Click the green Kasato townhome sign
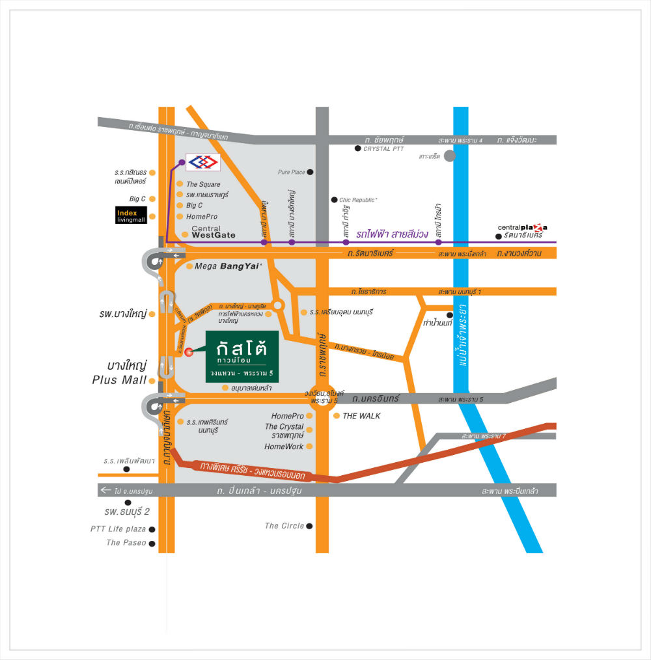pyautogui.click(x=242, y=356)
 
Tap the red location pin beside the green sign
pyautogui.click(x=189, y=352)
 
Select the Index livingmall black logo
pyautogui.click(x=131, y=216)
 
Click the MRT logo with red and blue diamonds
pyautogui.click(x=202, y=162)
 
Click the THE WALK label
pyautogui.click(x=361, y=416)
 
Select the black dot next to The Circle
pyautogui.click(x=309, y=526)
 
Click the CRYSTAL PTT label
pyautogui.click(x=383, y=149)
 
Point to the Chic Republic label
pyautogui.click(x=359, y=199)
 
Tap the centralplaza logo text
pyautogui.click(x=522, y=227)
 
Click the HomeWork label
pyautogui.click(x=284, y=447)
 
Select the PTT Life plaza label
pyautogui.click(x=118, y=529)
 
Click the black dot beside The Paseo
pyautogui.click(x=152, y=543)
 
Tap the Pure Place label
pyautogui.click(x=291, y=172)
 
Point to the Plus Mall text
pyautogui.click(x=120, y=380)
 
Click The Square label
pyautogui.click(x=203, y=184)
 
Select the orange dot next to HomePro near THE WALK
pyautogui.click(x=309, y=416)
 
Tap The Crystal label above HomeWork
pyautogui.click(x=284, y=426)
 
